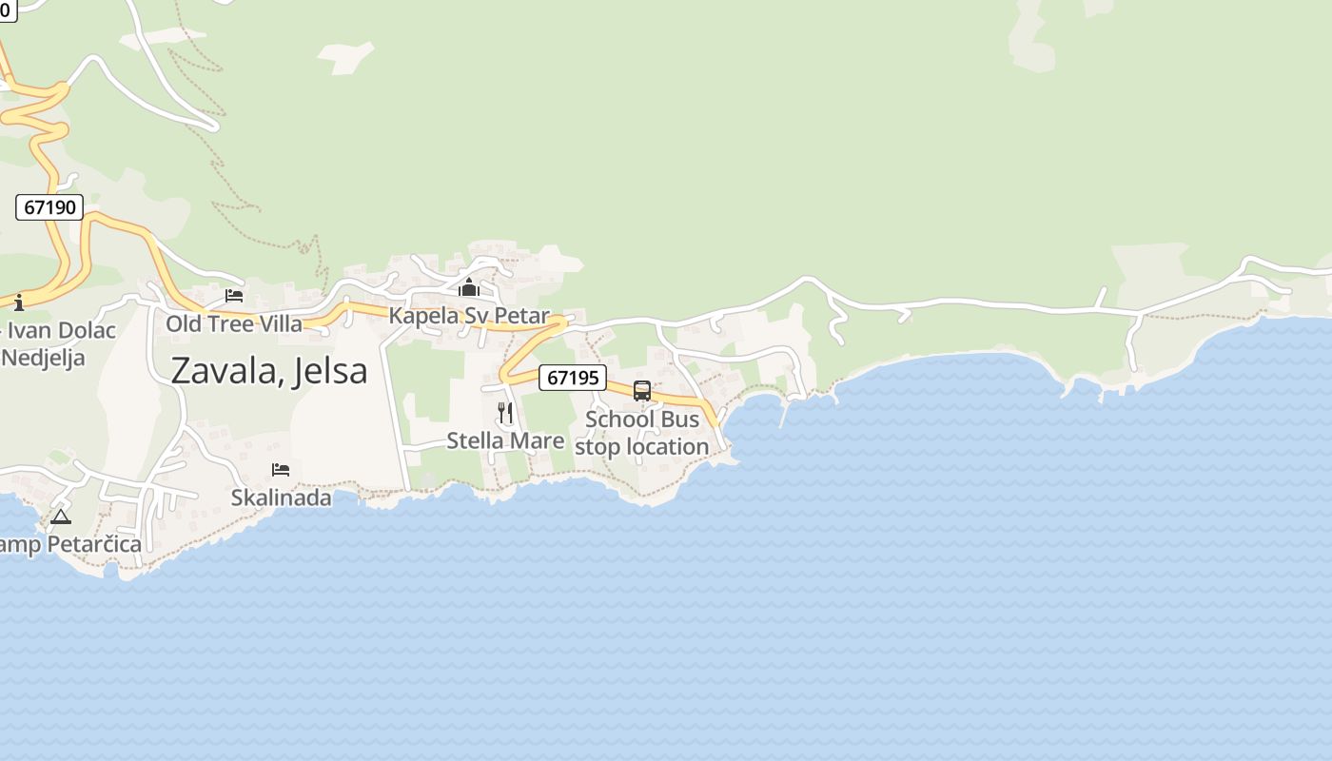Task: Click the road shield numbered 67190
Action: pyautogui.click(x=49, y=206)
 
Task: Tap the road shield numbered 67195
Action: pyautogui.click(x=572, y=378)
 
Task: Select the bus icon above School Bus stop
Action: pyautogui.click(x=642, y=390)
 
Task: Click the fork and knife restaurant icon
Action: pyautogui.click(x=505, y=412)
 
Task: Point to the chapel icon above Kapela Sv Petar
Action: pyautogui.click(x=468, y=287)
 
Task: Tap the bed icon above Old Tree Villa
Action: pyautogui.click(x=234, y=296)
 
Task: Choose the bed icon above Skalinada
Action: pyautogui.click(x=281, y=469)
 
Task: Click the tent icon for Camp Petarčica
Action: pyautogui.click(x=61, y=517)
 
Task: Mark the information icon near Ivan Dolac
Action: pyautogui.click(x=19, y=302)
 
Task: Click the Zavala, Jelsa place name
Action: pyautogui.click(x=269, y=370)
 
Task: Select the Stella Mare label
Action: pyautogui.click(x=505, y=440)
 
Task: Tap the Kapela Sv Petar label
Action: pyautogui.click(x=469, y=316)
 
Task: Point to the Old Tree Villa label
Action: pyautogui.click(x=234, y=323)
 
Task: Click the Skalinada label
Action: pyautogui.click(x=282, y=498)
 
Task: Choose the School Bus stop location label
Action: pyautogui.click(x=642, y=433)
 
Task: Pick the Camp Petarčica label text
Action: pyautogui.click(x=70, y=544)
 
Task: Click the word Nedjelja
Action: pyautogui.click(x=44, y=358)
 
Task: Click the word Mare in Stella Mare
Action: pyautogui.click(x=539, y=440)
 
